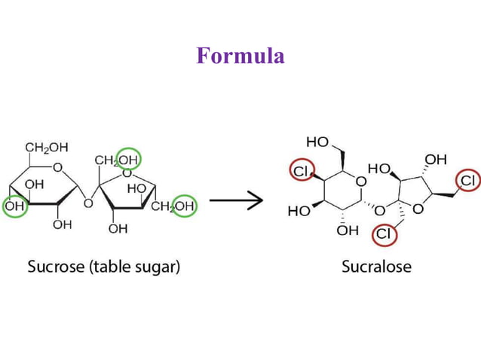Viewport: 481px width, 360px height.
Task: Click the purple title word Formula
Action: tap(240, 56)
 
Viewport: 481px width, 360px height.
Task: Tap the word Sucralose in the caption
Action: tap(376, 267)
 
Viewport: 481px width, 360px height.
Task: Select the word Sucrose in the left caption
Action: tap(54, 267)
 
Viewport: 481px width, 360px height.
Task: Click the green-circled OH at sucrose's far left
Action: tap(15, 206)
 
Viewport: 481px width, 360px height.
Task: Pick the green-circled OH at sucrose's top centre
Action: tap(128, 160)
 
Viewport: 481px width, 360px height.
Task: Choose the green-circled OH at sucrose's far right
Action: tap(184, 206)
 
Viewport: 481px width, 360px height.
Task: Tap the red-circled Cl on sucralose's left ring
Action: tap(301, 172)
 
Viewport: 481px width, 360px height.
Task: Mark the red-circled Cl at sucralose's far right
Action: tap(467, 181)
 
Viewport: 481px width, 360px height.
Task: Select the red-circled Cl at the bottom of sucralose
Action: tap(384, 234)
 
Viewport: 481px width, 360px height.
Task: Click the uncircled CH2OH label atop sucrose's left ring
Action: tap(47, 147)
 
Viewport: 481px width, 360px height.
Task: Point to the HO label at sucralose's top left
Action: tap(317, 143)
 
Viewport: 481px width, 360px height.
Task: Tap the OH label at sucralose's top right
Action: tap(435, 160)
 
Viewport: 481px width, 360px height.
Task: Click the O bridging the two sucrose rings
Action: tap(88, 203)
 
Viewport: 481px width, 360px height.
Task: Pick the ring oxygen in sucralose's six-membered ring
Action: tap(361, 182)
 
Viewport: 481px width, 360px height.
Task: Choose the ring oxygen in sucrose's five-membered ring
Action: tap(127, 173)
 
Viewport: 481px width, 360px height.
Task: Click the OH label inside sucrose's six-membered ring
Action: tap(34, 185)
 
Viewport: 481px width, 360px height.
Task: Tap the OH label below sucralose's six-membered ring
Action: tap(348, 230)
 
